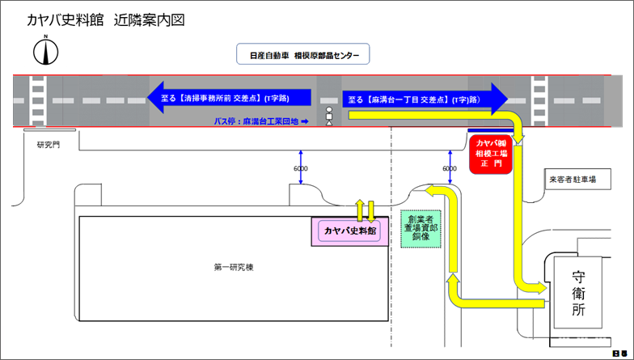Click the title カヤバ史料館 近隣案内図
106,20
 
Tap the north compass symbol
45,52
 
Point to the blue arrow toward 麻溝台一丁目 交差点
425,100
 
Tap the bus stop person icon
329,116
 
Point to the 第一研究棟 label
235,267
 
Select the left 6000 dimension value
300,168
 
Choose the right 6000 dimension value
449,168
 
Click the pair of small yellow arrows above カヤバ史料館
365,210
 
